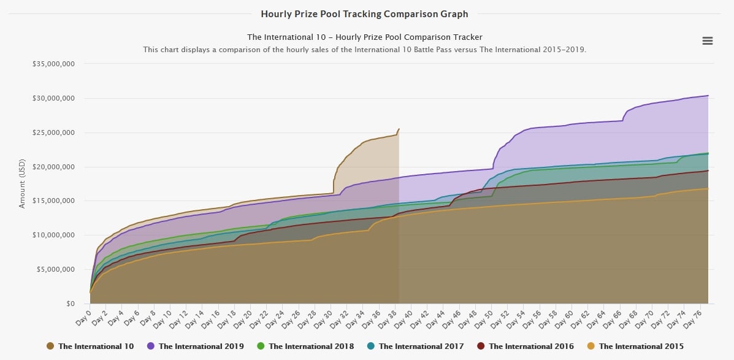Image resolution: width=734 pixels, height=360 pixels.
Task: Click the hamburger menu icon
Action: (x=707, y=40)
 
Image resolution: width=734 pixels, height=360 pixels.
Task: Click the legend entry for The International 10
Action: (x=96, y=347)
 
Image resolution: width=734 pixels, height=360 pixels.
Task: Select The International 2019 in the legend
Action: (x=201, y=347)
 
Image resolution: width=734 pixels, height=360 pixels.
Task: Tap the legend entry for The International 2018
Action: (x=311, y=347)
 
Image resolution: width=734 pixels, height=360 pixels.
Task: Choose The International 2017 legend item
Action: (x=421, y=347)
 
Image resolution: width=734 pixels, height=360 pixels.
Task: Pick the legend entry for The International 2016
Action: (x=531, y=347)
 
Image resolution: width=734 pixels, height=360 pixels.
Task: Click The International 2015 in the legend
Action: (x=641, y=347)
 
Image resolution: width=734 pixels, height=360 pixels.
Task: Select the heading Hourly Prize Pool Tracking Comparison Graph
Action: (x=364, y=13)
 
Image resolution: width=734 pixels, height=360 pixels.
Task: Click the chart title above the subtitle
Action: (x=364, y=37)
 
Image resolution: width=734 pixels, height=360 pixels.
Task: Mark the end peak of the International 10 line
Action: (x=399, y=129)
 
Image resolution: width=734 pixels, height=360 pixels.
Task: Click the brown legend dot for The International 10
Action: (x=50, y=347)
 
